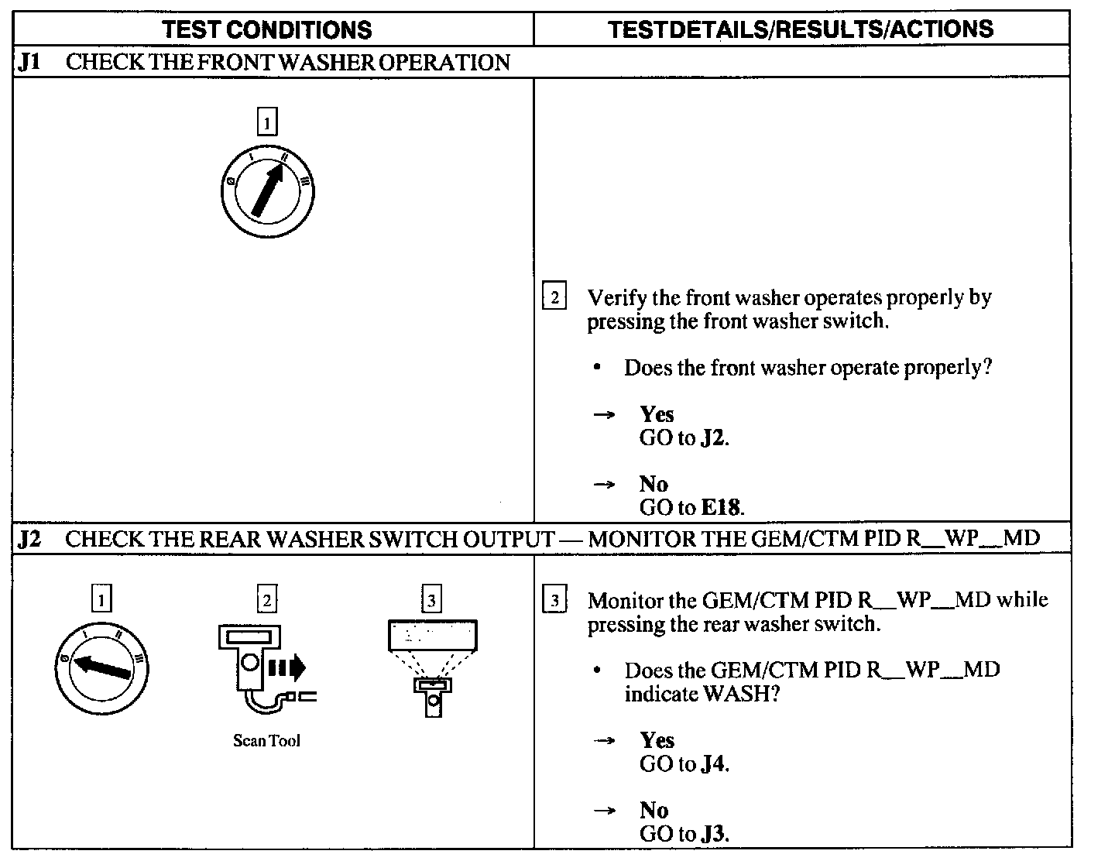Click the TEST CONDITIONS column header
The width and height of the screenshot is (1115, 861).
pyautogui.click(x=267, y=29)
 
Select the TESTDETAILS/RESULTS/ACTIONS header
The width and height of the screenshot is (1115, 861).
pyautogui.click(x=800, y=29)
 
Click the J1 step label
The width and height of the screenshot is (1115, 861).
pyautogui.click(x=29, y=62)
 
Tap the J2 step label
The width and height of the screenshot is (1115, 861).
pyautogui.click(x=29, y=539)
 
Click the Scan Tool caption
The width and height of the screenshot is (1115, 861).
pyautogui.click(x=266, y=741)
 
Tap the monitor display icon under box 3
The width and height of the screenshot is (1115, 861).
pyautogui.click(x=432, y=666)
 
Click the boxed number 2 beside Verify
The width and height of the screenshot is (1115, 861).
pyautogui.click(x=554, y=297)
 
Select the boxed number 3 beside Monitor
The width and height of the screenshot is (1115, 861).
pyautogui.click(x=554, y=601)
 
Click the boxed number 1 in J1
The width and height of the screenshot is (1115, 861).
pyautogui.click(x=267, y=122)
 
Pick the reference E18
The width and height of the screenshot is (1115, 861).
pyautogui.click(x=721, y=508)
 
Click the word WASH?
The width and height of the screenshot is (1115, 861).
pyautogui.click(x=740, y=694)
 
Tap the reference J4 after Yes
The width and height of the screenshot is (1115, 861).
pyautogui.click(x=714, y=765)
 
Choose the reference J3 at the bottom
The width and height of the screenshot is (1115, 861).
pyautogui.click(x=714, y=835)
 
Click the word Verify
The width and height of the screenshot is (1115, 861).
pyautogui.click(x=616, y=297)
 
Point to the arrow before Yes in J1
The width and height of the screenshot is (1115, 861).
pyautogui.click(x=604, y=415)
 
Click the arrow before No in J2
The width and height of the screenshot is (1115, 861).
pyautogui.click(x=604, y=811)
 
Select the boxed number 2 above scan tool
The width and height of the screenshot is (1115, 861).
pyautogui.click(x=266, y=600)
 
